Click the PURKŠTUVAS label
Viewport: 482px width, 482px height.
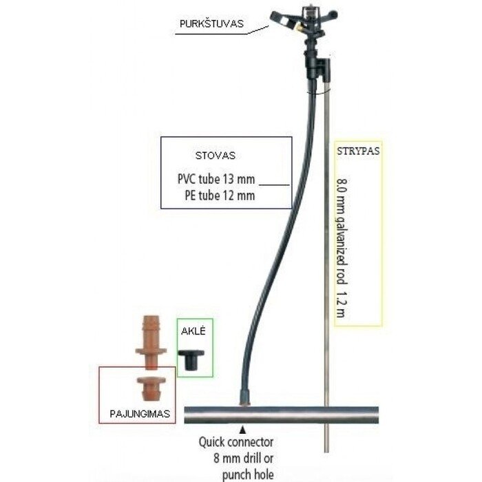point(211,23)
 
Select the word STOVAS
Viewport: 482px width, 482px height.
point(216,155)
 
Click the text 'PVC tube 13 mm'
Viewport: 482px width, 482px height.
point(216,179)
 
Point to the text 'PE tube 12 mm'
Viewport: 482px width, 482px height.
point(220,196)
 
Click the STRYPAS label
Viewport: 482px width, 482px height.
point(358,151)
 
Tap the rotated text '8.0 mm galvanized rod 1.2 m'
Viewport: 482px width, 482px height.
point(342,248)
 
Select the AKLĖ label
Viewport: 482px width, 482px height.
point(193,331)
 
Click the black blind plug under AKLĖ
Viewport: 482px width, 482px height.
point(191,360)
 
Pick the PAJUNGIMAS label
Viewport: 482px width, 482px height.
point(140,413)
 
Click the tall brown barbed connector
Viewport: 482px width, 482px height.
point(151,342)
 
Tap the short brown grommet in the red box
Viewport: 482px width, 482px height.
point(151,388)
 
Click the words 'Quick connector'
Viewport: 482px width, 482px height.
point(236,442)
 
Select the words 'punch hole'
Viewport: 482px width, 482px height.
point(248,474)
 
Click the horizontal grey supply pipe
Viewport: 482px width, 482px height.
point(281,415)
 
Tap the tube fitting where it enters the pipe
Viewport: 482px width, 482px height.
point(245,398)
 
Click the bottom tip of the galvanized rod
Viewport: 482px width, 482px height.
point(327,452)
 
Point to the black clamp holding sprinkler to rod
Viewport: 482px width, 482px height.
point(323,69)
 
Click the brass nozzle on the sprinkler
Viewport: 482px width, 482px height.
point(298,28)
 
